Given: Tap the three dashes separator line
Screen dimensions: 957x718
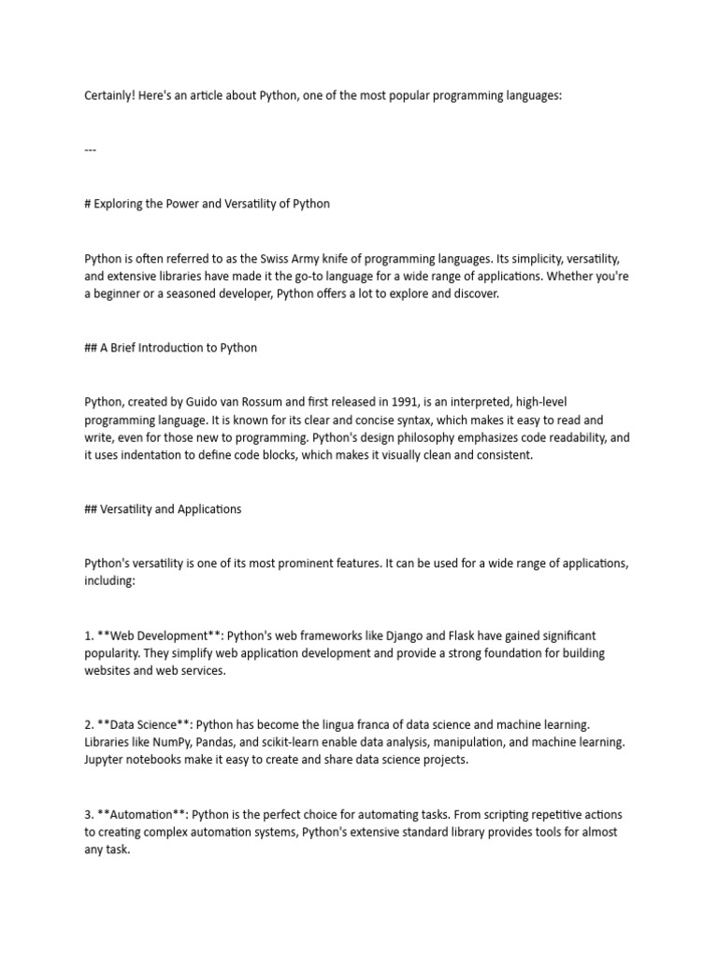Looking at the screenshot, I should (91, 150).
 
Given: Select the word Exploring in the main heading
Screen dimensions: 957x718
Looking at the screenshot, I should (121, 204).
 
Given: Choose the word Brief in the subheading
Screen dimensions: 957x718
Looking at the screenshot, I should (126, 348).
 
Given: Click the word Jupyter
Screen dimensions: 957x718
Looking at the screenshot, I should (106, 760).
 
